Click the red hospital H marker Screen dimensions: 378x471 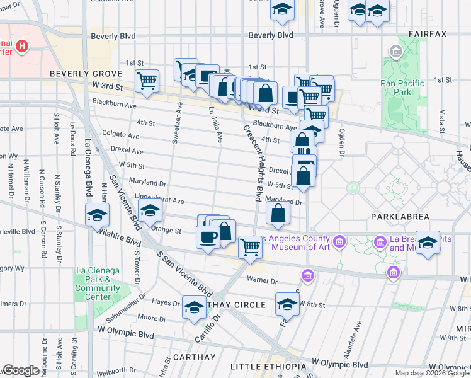coord(23,45)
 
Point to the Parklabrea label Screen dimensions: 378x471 coord(404,217)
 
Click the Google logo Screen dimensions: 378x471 coord(21,370)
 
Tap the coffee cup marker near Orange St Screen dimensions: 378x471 coord(208,238)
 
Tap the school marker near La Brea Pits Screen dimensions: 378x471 coord(428,243)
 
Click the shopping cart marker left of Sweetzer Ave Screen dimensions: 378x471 coord(147,80)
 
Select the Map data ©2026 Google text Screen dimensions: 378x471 coord(431,373)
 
